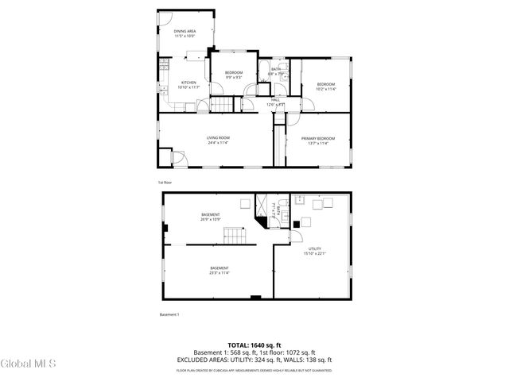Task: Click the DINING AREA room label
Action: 185,33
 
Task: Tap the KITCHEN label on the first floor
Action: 188,85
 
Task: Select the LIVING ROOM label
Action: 218,140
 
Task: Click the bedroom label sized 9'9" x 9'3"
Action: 234,75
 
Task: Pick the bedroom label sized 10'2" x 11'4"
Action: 326,87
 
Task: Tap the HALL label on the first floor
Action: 275,101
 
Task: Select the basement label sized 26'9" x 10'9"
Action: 211,217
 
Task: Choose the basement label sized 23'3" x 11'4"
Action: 220,270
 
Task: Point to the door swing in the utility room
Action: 295,236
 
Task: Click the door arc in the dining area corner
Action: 165,17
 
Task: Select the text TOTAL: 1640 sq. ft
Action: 254,345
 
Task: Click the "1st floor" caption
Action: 164,182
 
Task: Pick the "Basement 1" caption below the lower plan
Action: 169,314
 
